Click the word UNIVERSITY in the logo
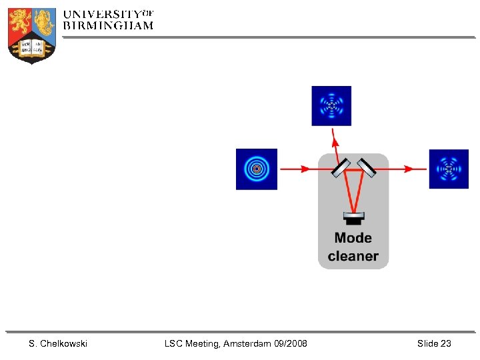(102, 13)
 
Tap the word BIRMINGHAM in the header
(108, 25)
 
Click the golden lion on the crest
(20, 21)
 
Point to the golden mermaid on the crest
(44, 21)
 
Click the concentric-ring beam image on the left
(256, 169)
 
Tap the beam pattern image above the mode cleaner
(331, 105)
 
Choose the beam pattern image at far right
(449, 169)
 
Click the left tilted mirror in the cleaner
(341, 168)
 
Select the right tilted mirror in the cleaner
(366, 167)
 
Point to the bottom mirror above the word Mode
(353, 217)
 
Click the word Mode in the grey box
(353, 238)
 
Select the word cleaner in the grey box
(353, 256)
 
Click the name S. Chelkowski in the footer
(58, 343)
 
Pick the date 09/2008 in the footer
(291, 343)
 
